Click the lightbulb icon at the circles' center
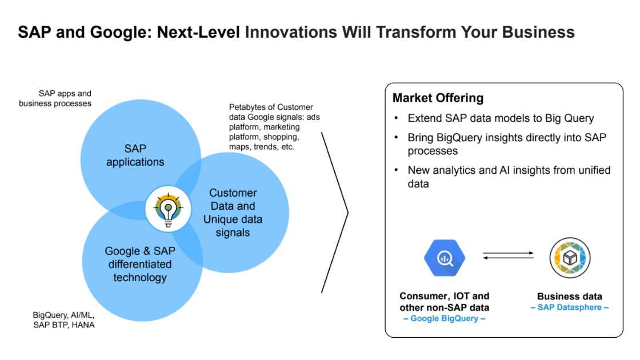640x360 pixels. [167, 209]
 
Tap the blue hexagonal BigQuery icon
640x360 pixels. [444, 258]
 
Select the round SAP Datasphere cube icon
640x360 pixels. [569, 258]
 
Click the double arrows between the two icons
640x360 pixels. [507, 256]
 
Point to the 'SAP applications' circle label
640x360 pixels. [135, 155]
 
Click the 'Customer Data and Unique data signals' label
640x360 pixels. [233, 213]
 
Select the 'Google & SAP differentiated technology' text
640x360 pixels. [140, 265]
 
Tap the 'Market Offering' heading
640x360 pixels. [438, 98]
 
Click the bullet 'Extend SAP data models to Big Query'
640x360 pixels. [501, 118]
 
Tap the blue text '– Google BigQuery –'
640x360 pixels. [444, 318]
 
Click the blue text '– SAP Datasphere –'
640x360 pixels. [569, 307]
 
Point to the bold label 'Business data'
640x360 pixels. [569, 297]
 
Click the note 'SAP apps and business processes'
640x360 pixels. [55, 98]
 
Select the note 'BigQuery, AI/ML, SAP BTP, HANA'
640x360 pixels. [64, 320]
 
